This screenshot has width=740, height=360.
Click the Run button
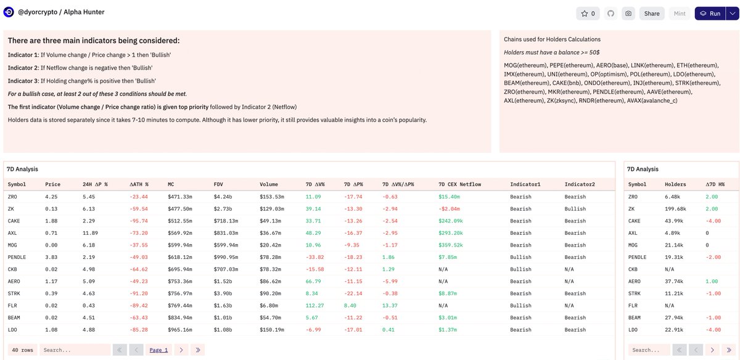[710, 14]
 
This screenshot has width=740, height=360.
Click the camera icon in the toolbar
[628, 14]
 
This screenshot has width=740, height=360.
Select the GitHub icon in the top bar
[610, 14]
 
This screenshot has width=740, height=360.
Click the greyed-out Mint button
[680, 14]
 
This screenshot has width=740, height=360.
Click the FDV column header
[218, 184]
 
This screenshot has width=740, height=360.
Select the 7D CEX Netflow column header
[459, 184]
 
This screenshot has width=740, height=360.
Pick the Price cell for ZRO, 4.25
[51, 197]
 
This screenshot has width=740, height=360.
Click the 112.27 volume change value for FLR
[314, 305]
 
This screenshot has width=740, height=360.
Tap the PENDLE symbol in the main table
[17, 257]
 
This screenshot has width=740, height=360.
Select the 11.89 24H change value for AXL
[89, 233]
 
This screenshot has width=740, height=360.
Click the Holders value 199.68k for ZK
[675, 209]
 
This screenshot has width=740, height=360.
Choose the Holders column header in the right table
[675, 184]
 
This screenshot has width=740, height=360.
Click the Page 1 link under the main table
[158, 350]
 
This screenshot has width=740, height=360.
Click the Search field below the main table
[75, 350]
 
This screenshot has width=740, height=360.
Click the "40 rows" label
[22, 350]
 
